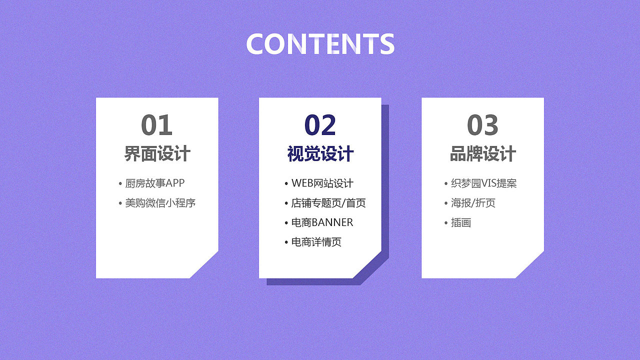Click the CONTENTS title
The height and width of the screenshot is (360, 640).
[x=320, y=43]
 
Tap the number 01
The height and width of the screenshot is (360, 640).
[x=157, y=125]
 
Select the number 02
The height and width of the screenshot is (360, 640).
[x=320, y=125]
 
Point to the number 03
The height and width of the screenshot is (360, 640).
[x=482, y=125]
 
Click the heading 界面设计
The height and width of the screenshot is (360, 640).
[x=157, y=153]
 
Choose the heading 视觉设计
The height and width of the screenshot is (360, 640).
[x=320, y=153]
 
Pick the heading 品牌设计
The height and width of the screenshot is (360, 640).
[x=483, y=153]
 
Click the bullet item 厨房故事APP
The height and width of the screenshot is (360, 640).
[x=155, y=183]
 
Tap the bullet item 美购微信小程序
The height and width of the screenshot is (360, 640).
[x=160, y=203]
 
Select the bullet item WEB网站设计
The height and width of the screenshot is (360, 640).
[x=322, y=183]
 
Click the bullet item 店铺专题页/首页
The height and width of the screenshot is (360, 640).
[x=328, y=203]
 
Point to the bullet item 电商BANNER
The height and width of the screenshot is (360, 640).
[x=322, y=222]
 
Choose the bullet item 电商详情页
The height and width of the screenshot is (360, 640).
[x=316, y=242]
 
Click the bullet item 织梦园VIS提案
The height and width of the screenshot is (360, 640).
[x=483, y=183]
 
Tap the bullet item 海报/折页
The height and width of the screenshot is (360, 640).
[x=473, y=203]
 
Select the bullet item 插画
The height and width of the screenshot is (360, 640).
[x=461, y=222]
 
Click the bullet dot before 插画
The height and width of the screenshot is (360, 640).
[x=446, y=223]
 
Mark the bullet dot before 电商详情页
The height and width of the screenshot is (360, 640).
[x=286, y=242]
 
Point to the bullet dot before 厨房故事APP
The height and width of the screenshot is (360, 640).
[x=120, y=183]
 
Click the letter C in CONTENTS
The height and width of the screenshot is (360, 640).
[x=254, y=43]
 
